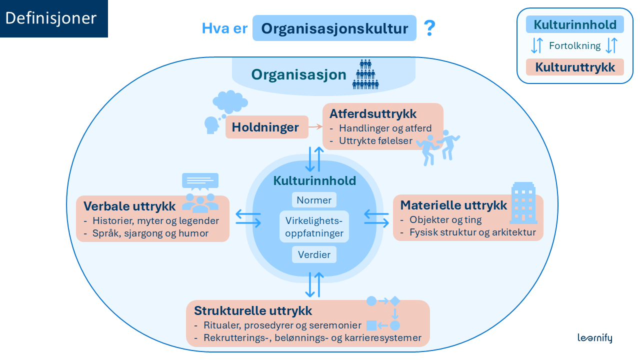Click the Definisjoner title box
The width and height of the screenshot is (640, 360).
pyautogui.click(x=53, y=18)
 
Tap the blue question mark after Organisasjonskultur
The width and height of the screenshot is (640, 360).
pyautogui.click(x=429, y=28)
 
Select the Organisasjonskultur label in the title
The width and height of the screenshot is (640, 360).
pyautogui.click(x=334, y=28)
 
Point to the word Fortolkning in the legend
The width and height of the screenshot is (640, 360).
pyautogui.click(x=574, y=46)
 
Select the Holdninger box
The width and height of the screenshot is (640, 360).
pyautogui.click(x=265, y=127)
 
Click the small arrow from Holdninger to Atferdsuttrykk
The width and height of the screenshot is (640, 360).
pyautogui.click(x=315, y=127)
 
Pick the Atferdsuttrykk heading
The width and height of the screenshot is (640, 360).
pyautogui.click(x=372, y=114)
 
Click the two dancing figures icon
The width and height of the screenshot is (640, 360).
pyautogui.click(x=439, y=148)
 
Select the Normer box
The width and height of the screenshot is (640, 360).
pyautogui.click(x=314, y=200)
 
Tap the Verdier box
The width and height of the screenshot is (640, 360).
pyautogui.click(x=314, y=255)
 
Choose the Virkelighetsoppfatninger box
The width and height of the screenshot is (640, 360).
pyautogui.click(x=314, y=227)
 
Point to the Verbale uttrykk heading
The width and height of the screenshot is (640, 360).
pyautogui.click(x=129, y=206)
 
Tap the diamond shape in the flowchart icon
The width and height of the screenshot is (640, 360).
pyautogui.click(x=395, y=301)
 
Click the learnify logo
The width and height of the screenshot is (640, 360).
pyautogui.click(x=594, y=338)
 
